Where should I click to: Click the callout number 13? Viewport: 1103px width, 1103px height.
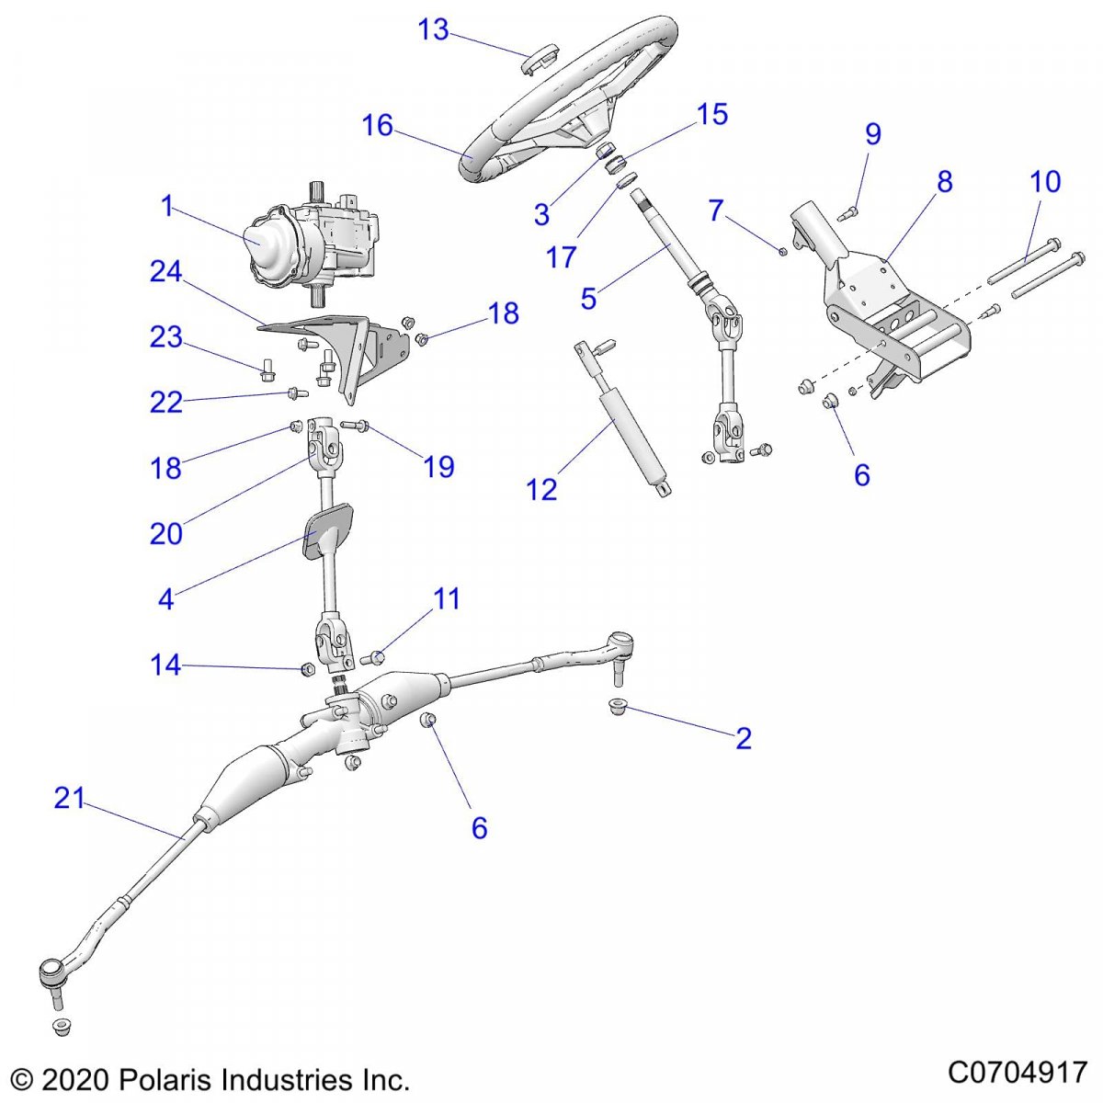click(x=433, y=29)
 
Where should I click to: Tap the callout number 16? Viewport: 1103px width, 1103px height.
click(x=377, y=125)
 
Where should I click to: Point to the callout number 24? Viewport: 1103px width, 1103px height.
click(x=166, y=272)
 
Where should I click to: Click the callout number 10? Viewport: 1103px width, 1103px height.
click(x=1045, y=181)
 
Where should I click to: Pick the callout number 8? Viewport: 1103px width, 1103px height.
click(x=945, y=182)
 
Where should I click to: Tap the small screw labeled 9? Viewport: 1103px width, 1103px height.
click(x=848, y=213)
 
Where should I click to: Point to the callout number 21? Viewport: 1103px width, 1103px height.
click(x=69, y=799)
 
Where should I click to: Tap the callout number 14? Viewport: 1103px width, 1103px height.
click(x=165, y=665)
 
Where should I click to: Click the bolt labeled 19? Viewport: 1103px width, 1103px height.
click(x=357, y=425)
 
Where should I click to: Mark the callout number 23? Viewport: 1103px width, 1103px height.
click(x=166, y=337)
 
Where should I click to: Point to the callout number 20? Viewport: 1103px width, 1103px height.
click(x=166, y=533)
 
